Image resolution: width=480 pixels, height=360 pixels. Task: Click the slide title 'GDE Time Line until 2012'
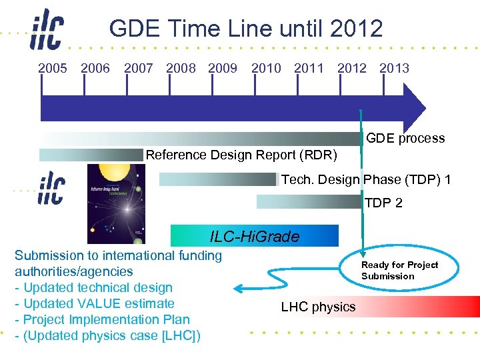(x=246, y=29)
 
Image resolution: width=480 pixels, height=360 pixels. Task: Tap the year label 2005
(x=53, y=68)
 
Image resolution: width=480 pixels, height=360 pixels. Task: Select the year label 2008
(x=181, y=68)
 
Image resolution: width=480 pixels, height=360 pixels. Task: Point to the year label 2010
(x=266, y=68)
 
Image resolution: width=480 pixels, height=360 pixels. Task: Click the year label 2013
(x=394, y=68)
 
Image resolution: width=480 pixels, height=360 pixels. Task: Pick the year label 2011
(x=309, y=68)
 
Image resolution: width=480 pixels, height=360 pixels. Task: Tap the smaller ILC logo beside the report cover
(x=51, y=187)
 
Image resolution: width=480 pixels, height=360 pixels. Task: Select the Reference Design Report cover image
(x=116, y=203)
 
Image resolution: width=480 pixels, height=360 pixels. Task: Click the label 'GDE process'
(x=405, y=139)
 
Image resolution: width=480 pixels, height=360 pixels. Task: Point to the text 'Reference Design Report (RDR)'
(x=241, y=155)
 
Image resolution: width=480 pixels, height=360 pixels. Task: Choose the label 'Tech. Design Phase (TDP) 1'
(x=366, y=180)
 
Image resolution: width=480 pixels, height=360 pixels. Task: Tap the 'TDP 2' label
(x=383, y=203)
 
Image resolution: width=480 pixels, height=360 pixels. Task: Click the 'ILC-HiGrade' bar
(x=255, y=236)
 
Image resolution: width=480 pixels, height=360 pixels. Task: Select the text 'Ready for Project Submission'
(x=399, y=270)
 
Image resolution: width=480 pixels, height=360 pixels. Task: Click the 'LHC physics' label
(x=318, y=307)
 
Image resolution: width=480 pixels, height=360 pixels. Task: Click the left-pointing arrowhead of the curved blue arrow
(x=237, y=288)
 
